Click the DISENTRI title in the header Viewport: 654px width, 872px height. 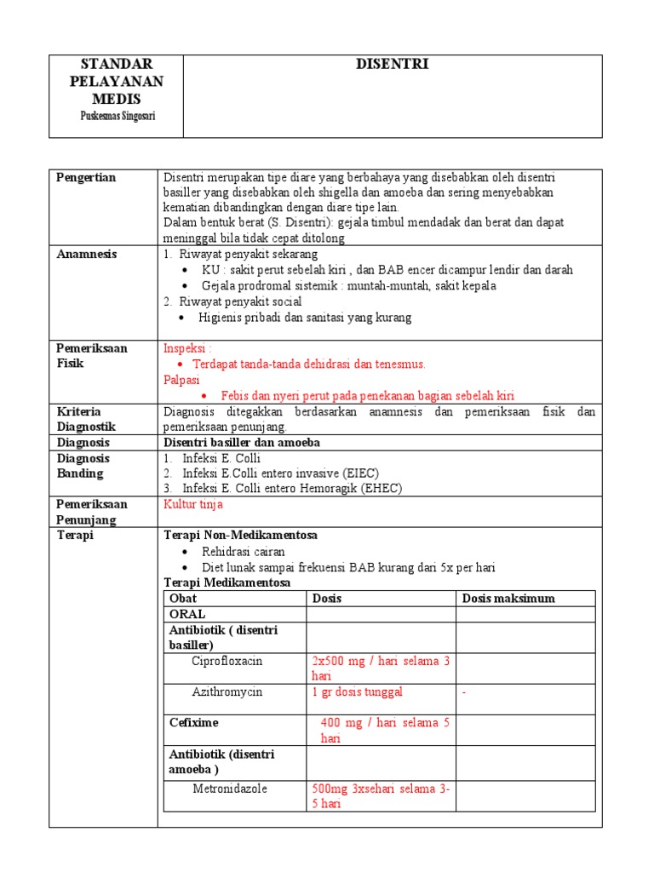[x=393, y=65]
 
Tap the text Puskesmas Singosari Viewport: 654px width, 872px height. [x=116, y=116]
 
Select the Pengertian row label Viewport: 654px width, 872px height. [x=86, y=177]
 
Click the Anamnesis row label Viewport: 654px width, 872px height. [x=87, y=254]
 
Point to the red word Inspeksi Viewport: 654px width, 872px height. [x=187, y=348]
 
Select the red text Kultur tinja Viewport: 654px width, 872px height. [x=192, y=504]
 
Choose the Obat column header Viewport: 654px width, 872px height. [x=183, y=598]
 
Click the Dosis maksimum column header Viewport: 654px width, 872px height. [x=508, y=598]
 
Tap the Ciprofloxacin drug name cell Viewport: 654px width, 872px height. [x=227, y=661]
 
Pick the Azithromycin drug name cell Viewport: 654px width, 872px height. [x=227, y=691]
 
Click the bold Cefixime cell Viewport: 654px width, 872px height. [x=194, y=722]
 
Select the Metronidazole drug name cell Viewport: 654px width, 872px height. [x=229, y=789]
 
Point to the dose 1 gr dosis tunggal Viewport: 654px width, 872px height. [x=358, y=691]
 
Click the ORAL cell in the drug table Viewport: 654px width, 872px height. [x=187, y=614]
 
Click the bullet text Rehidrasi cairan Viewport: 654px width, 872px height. [x=244, y=552]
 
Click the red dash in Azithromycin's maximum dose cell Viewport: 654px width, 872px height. [x=464, y=692]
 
